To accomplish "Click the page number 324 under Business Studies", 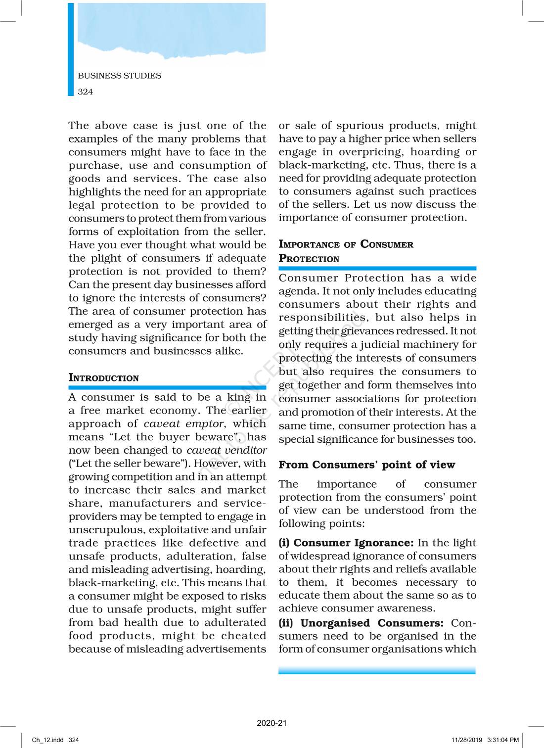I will pyautogui.click(x=85, y=92).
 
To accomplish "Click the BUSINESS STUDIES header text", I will pyautogui.click(x=119, y=76).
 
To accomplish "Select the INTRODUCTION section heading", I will pyautogui.click(x=104, y=378).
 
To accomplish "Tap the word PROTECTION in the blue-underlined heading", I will pyautogui.click(x=309, y=259).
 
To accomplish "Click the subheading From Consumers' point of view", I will pyautogui.click(x=366, y=465).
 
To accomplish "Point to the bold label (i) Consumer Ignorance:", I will pyautogui.click(x=346, y=543).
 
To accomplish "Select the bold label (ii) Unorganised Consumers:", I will pyautogui.click(x=361, y=623).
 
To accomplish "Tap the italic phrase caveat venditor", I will pyautogui.click(x=227, y=450).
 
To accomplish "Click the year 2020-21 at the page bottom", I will pyautogui.click(x=272, y=723).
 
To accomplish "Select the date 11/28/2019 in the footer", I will pyautogui.click(x=466, y=740).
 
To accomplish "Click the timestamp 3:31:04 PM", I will pyautogui.click(x=503, y=740).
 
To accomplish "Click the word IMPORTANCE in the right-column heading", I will pyautogui.click(x=309, y=244).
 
